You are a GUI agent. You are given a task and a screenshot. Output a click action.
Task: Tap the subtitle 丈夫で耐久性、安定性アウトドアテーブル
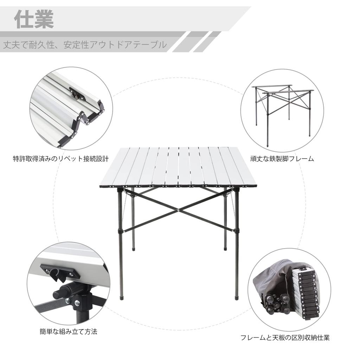tap(85, 45)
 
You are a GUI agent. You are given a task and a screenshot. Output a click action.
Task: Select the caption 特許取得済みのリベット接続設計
tap(60, 159)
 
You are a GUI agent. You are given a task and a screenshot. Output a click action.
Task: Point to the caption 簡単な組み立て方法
tap(68, 331)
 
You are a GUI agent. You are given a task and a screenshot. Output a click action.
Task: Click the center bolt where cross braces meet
tap(179, 210)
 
